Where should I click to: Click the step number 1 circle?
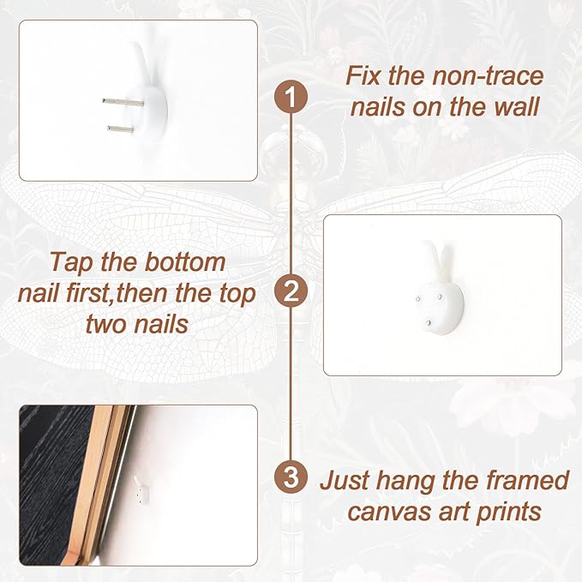click(x=291, y=97)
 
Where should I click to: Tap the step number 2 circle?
click(x=291, y=291)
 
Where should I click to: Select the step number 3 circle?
click(x=291, y=477)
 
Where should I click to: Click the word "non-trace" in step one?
click(x=488, y=75)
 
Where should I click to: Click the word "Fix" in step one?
click(x=363, y=75)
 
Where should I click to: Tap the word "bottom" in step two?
click(x=184, y=261)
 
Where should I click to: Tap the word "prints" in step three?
click(x=508, y=513)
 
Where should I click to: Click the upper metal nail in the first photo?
click(x=123, y=101)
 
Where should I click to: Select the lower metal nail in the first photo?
click(x=121, y=129)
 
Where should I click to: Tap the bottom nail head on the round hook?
click(x=429, y=323)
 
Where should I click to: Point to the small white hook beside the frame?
click(x=141, y=490)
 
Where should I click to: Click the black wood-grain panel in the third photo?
click(x=52, y=483)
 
